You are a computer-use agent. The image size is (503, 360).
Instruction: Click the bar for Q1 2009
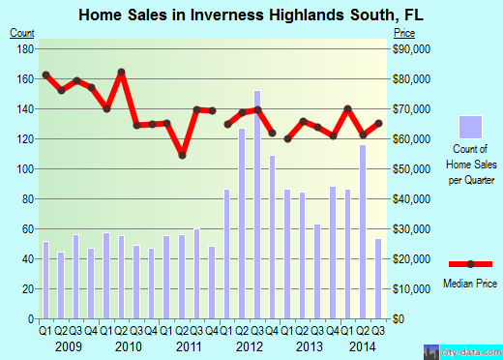(45, 280)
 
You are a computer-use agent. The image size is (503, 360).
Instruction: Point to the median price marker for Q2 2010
(122, 73)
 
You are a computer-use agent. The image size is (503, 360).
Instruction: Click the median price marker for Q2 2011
(182, 155)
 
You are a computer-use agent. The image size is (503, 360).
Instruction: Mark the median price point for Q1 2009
(45, 75)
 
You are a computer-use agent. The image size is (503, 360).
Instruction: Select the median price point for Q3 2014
(377, 123)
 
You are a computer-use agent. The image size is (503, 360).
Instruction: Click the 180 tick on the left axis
(25, 48)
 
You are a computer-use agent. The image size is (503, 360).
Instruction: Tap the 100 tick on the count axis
(25, 169)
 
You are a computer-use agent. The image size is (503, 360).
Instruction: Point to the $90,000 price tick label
(410, 48)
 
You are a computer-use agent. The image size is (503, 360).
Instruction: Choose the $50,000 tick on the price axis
(410, 169)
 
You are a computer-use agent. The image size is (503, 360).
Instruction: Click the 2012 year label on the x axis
(250, 345)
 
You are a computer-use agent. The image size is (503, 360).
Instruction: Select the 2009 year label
(68, 345)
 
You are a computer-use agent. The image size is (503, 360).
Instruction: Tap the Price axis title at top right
(402, 33)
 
